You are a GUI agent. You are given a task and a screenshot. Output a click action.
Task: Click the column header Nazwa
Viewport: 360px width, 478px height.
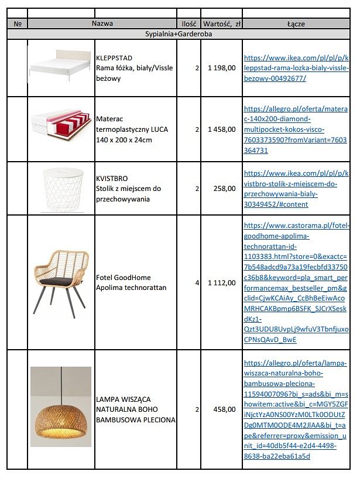[x=102, y=24]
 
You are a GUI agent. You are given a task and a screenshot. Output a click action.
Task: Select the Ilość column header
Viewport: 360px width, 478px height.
[x=188, y=24]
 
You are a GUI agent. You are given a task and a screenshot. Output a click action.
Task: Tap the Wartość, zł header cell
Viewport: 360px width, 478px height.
[x=221, y=24]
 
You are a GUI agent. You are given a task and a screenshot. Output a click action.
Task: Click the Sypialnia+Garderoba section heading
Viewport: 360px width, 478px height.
[x=179, y=34]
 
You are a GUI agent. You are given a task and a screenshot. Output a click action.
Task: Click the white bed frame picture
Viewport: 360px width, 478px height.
[x=61, y=67]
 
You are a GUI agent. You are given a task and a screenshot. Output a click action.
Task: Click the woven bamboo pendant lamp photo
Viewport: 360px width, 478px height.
[x=61, y=407]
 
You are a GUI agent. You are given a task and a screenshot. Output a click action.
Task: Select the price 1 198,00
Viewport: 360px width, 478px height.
[x=221, y=68]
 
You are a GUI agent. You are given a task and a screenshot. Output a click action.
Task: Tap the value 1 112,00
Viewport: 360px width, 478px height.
[x=221, y=282]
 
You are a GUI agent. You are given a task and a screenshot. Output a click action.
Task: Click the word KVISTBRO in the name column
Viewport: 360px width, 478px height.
[x=111, y=178]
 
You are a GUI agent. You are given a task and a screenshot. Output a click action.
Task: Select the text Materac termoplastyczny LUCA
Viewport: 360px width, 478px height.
[x=124, y=129]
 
